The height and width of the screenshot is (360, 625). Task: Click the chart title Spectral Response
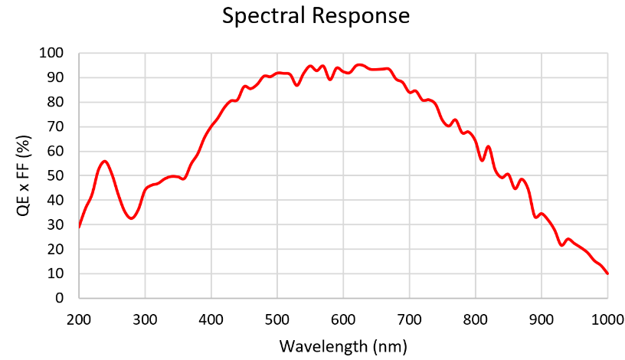pyautogui.click(x=316, y=17)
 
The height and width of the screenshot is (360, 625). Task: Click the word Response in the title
pyautogui.click(x=361, y=17)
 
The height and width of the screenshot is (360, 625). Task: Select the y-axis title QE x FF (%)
pyautogui.click(x=23, y=176)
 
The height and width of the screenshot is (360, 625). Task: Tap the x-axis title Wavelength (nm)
pyautogui.click(x=343, y=346)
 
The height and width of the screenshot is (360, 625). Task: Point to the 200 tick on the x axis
pyautogui.click(x=79, y=319)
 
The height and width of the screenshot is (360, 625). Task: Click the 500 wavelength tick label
pyautogui.click(x=277, y=319)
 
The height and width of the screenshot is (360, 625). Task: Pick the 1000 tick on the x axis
pyautogui.click(x=607, y=319)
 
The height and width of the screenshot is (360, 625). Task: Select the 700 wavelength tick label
pyautogui.click(x=409, y=319)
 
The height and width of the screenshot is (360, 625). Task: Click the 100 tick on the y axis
pyautogui.click(x=51, y=53)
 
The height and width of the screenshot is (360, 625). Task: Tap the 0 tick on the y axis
pyautogui.click(x=60, y=298)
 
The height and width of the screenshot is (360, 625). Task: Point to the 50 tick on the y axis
pyautogui.click(x=55, y=175)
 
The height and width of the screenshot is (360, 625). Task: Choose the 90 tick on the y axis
pyautogui.click(x=55, y=77)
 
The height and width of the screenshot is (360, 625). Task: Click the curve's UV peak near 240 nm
pyautogui.click(x=105, y=161)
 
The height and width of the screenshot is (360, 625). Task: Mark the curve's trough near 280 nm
pyautogui.click(x=132, y=218)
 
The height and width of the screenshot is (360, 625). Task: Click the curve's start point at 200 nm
pyautogui.click(x=80, y=227)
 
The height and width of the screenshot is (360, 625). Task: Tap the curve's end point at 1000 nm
pyautogui.click(x=607, y=273)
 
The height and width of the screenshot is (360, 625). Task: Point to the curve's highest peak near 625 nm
pyautogui.click(x=359, y=64)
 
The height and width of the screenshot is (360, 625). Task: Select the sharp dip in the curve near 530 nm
pyautogui.click(x=297, y=85)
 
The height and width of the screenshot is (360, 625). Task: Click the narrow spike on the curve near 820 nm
pyautogui.click(x=488, y=147)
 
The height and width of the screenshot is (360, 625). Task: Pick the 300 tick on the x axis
pyautogui.click(x=145, y=319)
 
